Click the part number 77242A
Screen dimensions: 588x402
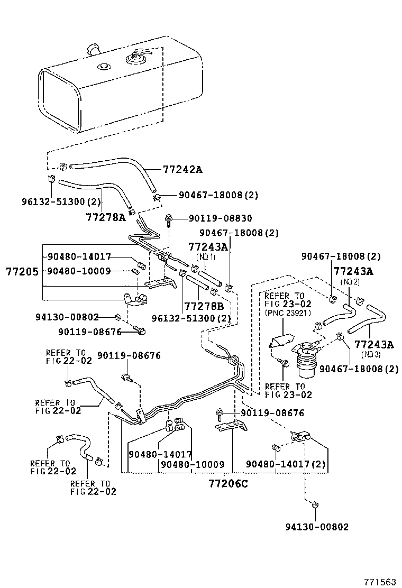coord(182,170)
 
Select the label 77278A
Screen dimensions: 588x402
coord(106,216)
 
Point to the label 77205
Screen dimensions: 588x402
coord(22,271)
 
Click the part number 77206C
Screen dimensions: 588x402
coord(228,483)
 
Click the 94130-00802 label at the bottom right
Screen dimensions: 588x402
coord(317,527)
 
